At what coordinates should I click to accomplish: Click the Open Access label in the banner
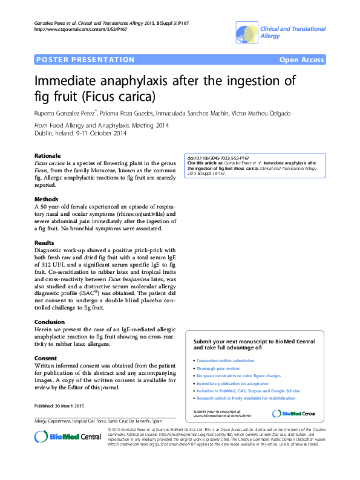(301, 60)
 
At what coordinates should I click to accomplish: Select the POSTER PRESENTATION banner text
(85, 60)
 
